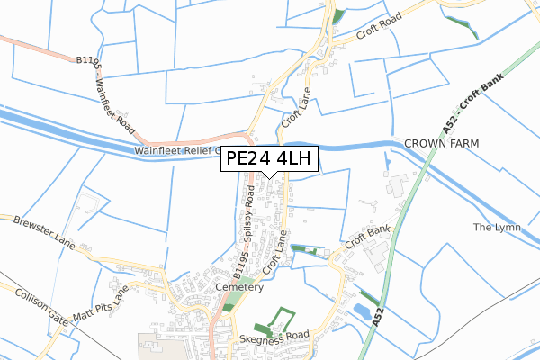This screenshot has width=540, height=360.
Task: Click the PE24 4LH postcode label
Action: click(x=269, y=159)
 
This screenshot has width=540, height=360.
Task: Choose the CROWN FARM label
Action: click(x=441, y=144)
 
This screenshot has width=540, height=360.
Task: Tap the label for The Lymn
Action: click(x=492, y=228)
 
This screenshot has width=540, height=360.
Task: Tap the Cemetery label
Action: click(x=239, y=287)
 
